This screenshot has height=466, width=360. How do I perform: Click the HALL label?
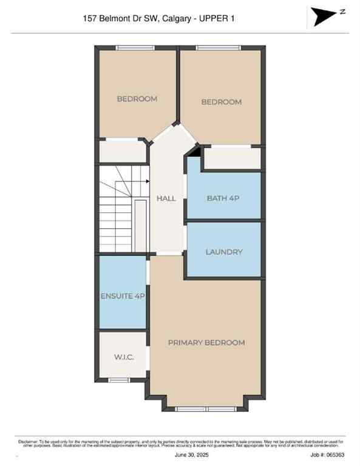[x=166, y=198]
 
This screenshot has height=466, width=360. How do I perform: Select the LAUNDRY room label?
[x=224, y=252]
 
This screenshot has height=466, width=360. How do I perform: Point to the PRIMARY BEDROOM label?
[x=206, y=343]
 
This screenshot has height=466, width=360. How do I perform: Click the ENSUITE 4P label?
[x=123, y=296]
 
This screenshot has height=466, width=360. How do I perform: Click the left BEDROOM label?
[x=137, y=99]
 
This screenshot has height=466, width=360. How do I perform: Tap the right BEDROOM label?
[x=221, y=102]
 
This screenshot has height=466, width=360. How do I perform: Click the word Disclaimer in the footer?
[x=28, y=441]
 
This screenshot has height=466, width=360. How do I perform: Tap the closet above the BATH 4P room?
[x=231, y=158]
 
